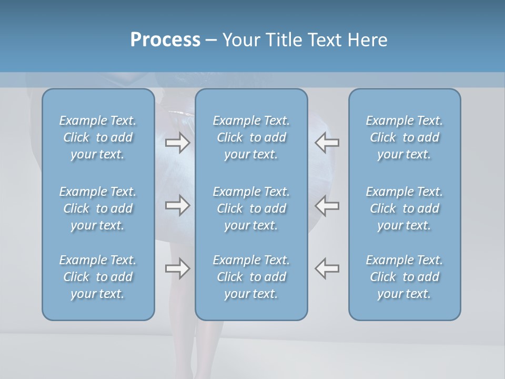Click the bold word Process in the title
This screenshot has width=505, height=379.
click(165, 40)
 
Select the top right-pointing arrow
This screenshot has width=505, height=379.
click(177, 143)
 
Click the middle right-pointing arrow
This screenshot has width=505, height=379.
click(177, 205)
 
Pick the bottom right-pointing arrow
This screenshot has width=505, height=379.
click(177, 268)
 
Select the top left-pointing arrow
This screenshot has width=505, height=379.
click(327, 143)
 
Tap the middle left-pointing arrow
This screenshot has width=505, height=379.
click(327, 205)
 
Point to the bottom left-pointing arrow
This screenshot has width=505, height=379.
click(327, 268)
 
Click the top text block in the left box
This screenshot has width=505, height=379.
click(98, 137)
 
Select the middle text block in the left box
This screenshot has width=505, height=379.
click(98, 208)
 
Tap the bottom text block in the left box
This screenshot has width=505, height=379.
click(98, 277)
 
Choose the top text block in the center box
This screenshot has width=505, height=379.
click(251, 137)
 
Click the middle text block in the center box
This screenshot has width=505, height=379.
click(251, 208)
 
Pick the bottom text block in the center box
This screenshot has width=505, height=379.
click(251, 277)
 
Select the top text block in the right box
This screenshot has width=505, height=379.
click(404, 137)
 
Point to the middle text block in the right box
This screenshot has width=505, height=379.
click(404, 208)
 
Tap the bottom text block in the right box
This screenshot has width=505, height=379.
click(404, 277)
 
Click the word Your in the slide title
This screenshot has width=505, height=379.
click(240, 40)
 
